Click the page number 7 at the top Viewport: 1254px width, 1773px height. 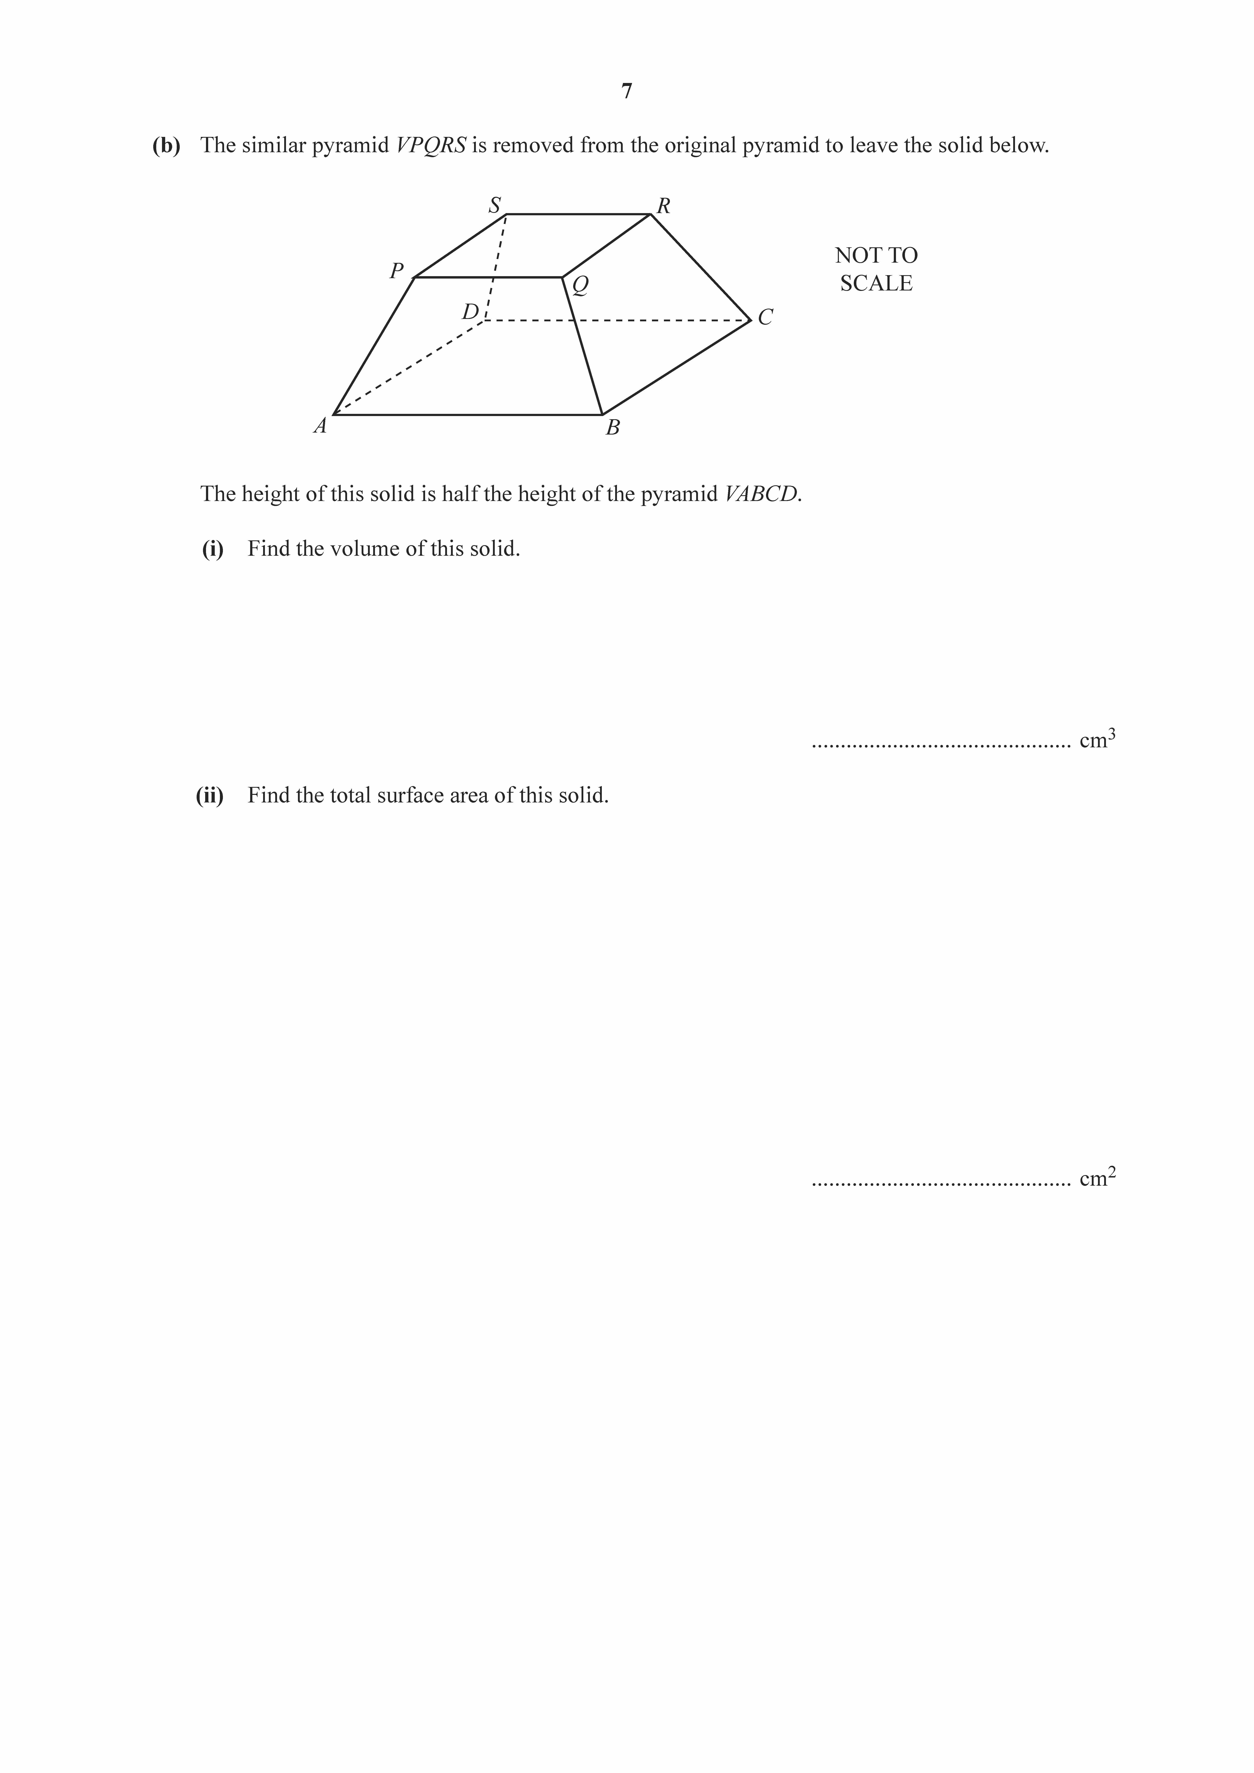626,91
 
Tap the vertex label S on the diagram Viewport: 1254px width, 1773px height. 494,205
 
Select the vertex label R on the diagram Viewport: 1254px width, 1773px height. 663,206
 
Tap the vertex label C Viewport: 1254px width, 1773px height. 765,317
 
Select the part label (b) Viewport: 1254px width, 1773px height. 166,145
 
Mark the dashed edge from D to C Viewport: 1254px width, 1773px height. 618,320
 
